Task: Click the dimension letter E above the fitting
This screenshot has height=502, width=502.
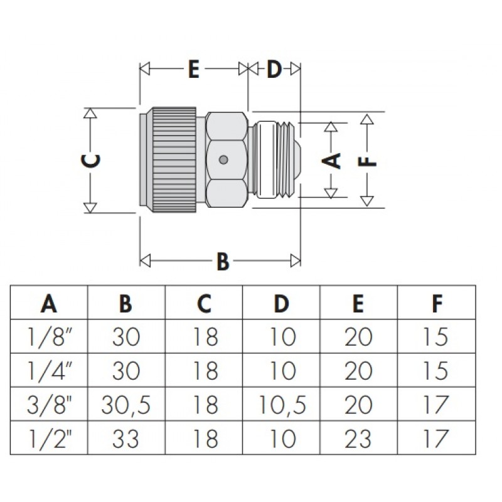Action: point(194,69)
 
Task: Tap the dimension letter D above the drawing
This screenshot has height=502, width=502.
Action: point(274,69)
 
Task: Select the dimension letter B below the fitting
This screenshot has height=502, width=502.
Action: point(223,261)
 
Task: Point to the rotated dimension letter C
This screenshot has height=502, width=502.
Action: point(91,161)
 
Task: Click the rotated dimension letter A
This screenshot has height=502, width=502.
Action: point(331,161)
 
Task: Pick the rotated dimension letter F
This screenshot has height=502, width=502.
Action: point(367,161)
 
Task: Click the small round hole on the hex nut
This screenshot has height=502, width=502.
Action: point(223,159)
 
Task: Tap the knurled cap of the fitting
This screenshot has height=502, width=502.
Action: point(174,160)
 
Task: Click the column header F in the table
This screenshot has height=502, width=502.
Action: point(437,303)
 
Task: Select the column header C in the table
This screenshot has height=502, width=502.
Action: point(204,303)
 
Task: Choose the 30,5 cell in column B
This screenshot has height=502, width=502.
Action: point(126,405)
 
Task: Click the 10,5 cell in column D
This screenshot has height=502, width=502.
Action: point(282,405)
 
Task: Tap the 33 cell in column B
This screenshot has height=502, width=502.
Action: point(126,439)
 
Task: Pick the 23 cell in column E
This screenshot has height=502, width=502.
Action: point(358,439)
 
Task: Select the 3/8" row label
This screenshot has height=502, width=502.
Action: point(49,405)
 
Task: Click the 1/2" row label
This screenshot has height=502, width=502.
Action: point(49,439)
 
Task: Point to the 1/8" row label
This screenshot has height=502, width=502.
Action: point(49,337)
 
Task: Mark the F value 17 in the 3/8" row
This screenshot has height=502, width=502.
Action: point(435,405)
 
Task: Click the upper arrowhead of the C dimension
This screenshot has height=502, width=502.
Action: point(90,114)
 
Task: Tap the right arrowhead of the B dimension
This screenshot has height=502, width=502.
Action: point(296,260)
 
